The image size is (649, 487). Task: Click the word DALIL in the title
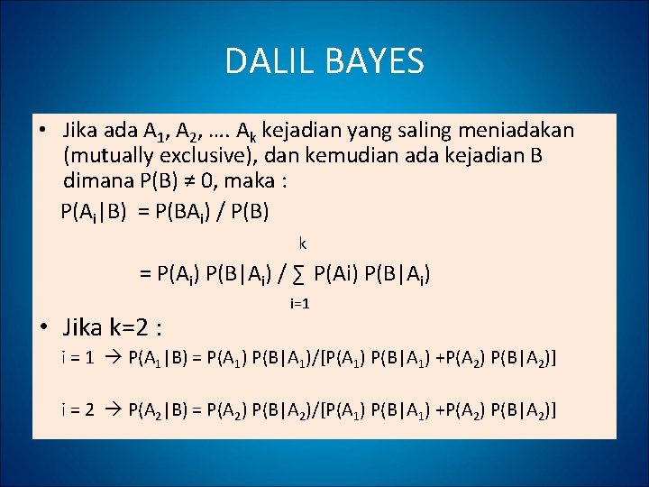point(266,61)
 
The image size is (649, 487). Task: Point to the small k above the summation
point(303,243)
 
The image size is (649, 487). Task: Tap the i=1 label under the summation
point(299,304)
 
